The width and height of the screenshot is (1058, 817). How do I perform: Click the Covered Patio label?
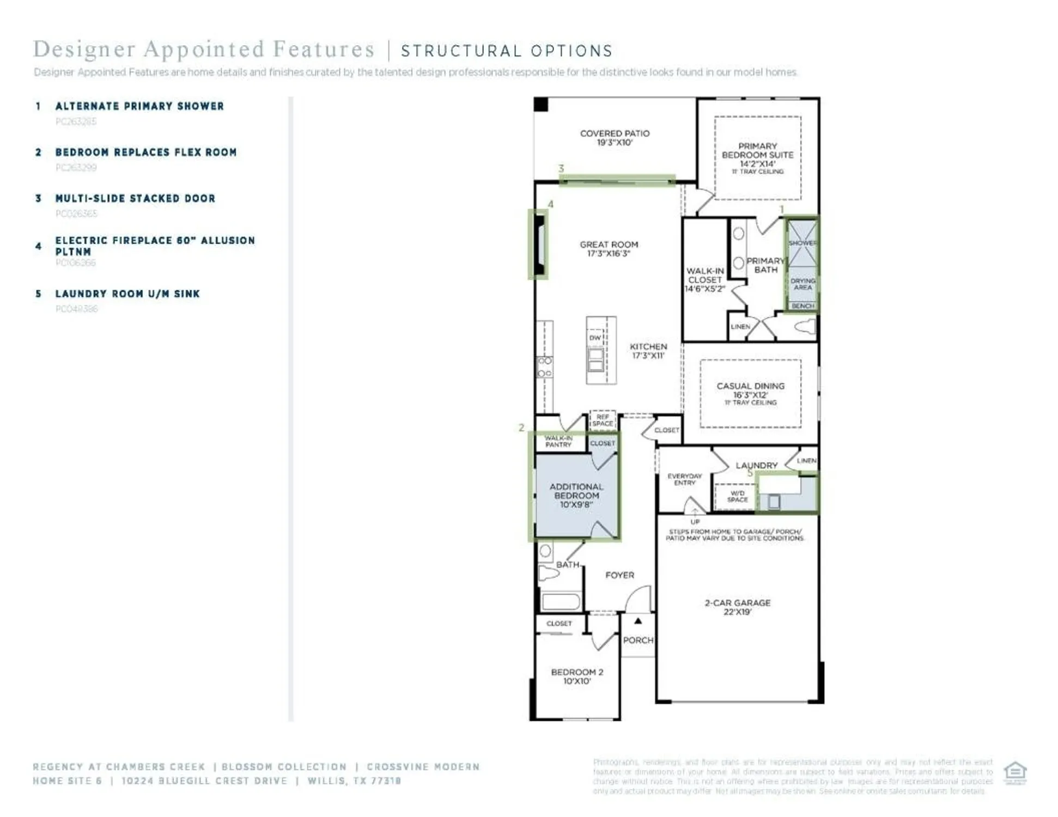pos(614,138)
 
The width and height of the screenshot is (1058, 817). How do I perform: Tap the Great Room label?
pos(609,249)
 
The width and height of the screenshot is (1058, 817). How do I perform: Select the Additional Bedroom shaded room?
pos(576,496)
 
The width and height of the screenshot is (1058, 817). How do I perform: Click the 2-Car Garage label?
pos(737,607)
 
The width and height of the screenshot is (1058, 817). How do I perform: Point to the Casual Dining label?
pos(750,391)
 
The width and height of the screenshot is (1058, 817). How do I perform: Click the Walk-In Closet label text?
pos(704,279)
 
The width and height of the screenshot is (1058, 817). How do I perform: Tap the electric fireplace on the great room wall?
pos(540,245)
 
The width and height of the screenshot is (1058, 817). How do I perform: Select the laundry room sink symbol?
pos(774,501)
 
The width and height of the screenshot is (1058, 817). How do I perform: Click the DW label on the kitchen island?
pos(594,338)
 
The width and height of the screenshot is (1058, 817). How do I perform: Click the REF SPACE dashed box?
pos(602,420)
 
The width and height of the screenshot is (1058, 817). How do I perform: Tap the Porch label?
pos(638,640)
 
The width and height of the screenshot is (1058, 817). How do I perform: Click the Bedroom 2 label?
pos(576,676)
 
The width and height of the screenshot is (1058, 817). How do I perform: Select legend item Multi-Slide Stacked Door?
pos(135,199)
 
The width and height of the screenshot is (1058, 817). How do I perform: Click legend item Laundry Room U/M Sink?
pos(127,294)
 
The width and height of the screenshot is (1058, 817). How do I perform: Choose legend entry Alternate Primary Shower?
pos(139,106)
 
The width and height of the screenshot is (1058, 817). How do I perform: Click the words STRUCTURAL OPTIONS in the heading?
pos(507,51)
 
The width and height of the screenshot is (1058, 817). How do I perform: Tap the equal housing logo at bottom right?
pos(1014,772)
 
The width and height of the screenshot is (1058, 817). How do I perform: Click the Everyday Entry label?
pos(684,479)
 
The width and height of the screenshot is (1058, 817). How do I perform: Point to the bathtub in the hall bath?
pos(561,601)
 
